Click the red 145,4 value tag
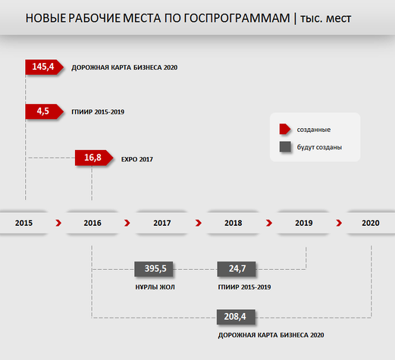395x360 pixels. [44, 67]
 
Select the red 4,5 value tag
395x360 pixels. [44, 111]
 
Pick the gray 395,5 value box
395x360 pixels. [154, 269]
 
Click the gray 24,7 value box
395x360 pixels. [237, 269]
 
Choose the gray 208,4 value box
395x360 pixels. [236, 317]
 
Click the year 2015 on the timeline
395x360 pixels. [24, 223]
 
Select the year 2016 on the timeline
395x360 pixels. [92, 223]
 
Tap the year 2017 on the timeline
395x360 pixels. [162, 223]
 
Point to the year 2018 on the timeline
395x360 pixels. [234, 223]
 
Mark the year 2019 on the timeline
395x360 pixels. [304, 223]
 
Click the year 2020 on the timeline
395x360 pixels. [371, 223]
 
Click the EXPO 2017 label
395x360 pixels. [137, 159]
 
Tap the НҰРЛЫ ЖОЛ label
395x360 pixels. [155, 287]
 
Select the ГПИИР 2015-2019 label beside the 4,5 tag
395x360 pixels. [98, 111]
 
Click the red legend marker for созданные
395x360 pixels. [285, 129]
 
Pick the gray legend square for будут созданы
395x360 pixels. [285, 147]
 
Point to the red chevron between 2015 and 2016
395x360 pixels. [58, 223]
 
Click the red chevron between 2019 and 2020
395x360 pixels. [339, 223]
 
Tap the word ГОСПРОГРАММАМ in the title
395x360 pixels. [237, 18]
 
